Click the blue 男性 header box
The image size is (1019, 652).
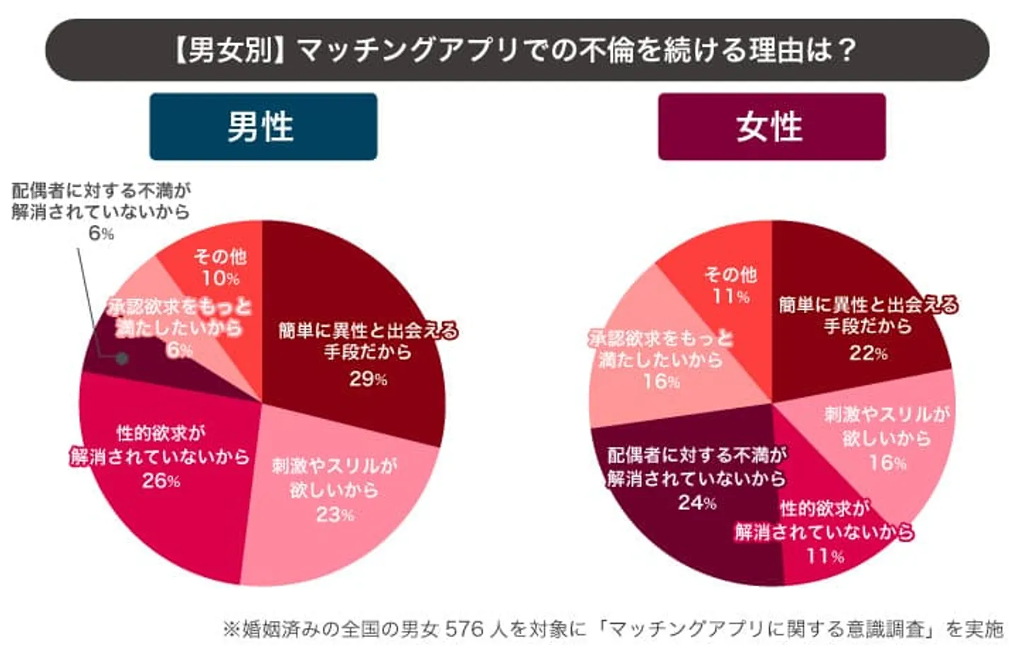click(x=263, y=127)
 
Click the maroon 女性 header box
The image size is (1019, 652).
click(x=771, y=127)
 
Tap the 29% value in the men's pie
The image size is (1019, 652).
click(x=368, y=379)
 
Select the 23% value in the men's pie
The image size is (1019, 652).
click(x=334, y=514)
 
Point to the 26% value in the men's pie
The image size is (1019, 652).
click(x=161, y=481)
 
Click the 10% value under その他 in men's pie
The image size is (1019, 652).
click(x=220, y=278)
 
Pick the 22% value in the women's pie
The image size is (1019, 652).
click(x=868, y=353)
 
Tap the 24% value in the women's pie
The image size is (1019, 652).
click(x=697, y=503)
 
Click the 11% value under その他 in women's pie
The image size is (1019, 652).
click(x=730, y=296)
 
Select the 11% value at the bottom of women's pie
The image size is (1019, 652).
click(x=825, y=556)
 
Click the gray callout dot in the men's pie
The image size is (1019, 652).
click(x=122, y=359)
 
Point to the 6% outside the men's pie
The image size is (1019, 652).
click(x=101, y=233)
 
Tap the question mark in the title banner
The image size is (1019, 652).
click(x=847, y=50)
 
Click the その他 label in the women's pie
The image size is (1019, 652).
click(x=730, y=274)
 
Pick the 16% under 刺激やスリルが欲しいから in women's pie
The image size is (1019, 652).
click(x=887, y=463)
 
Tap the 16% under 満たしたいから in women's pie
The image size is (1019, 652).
click(x=661, y=382)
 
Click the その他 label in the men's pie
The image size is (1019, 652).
click(x=220, y=256)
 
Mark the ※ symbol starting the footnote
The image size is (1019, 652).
click(x=231, y=629)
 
